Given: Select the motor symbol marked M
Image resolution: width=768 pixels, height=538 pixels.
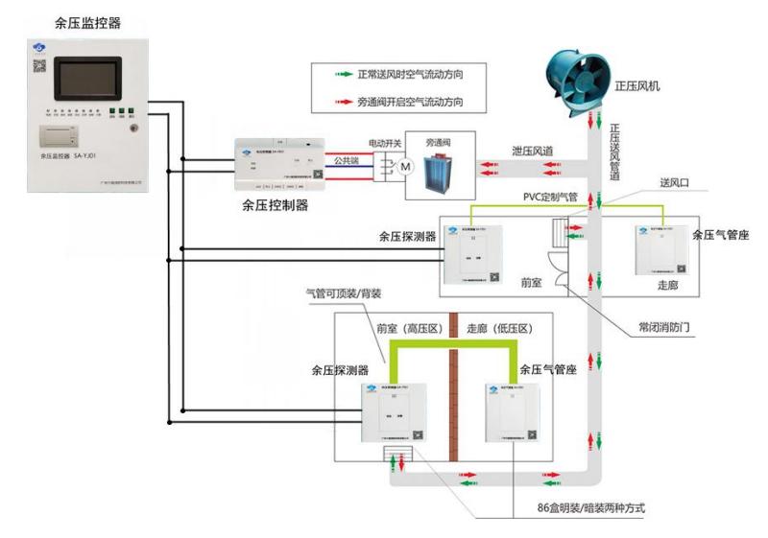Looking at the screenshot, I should pyautogui.click(x=405, y=168).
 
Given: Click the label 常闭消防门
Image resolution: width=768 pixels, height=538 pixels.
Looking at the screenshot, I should pyautogui.click(x=664, y=326).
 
